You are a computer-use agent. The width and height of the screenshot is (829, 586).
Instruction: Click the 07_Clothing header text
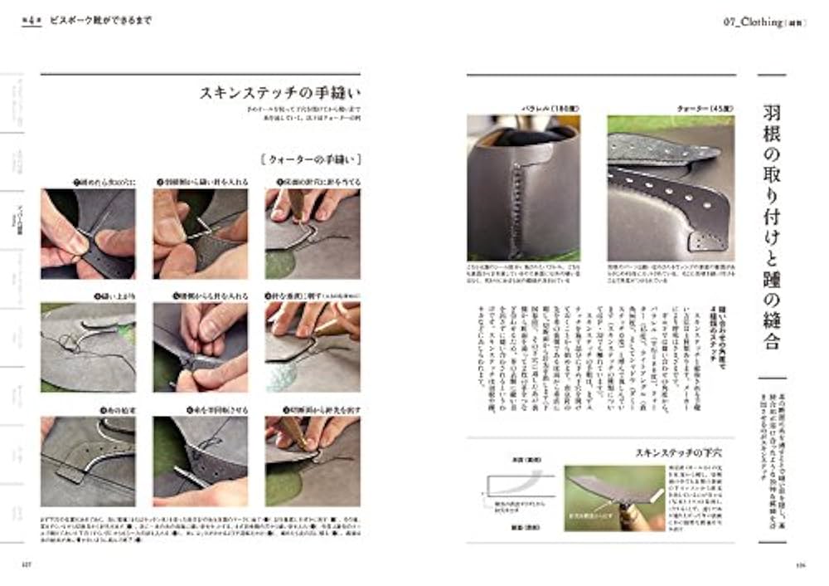click(x=758, y=22)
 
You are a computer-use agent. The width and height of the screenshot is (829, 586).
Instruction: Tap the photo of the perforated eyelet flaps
click(x=671, y=187)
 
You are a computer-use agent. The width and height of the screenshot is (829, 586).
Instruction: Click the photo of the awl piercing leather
click(x=614, y=498)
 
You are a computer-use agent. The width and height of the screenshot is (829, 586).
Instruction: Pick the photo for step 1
click(x=88, y=233)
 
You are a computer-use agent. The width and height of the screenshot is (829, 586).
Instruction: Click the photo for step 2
click(x=200, y=233)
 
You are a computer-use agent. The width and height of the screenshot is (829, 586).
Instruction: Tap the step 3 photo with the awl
click(x=313, y=233)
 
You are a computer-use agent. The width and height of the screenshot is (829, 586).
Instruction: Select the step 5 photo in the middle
click(x=200, y=347)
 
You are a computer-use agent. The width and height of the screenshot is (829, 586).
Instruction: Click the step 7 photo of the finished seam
click(x=88, y=461)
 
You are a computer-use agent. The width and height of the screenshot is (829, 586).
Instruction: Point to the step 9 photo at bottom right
click(x=313, y=461)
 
